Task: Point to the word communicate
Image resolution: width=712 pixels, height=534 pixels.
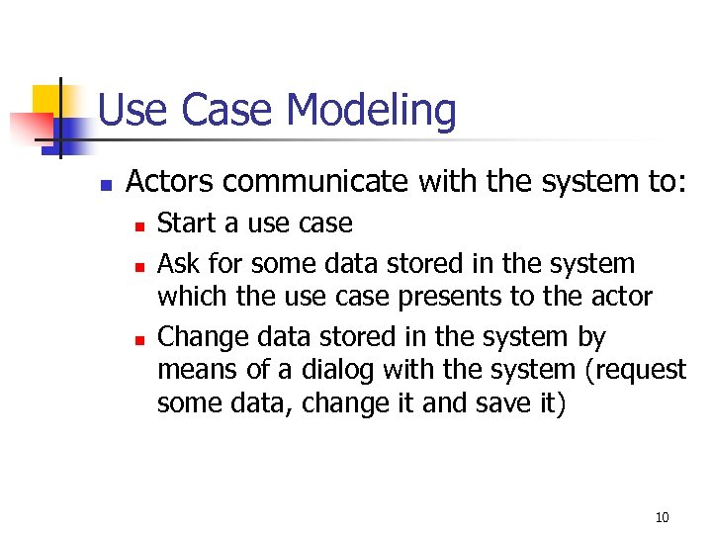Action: pos(311,182)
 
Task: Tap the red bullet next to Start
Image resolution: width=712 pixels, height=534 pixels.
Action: pos(140,226)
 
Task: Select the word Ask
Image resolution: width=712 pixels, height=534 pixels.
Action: pos(177,264)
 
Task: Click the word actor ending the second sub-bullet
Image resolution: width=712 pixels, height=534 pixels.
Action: pos(616,296)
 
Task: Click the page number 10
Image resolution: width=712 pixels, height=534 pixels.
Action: pos(662,517)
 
